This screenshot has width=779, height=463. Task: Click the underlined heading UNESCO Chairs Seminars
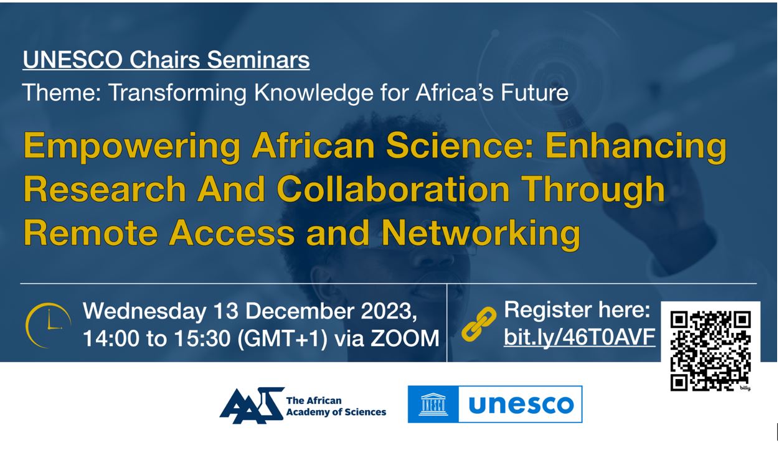pyautogui.click(x=166, y=60)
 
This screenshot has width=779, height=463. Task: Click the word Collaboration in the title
pyautogui.click(x=393, y=189)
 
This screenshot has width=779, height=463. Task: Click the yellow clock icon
pyautogui.click(x=49, y=325)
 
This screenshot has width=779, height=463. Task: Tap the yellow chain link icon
pyautogui.click(x=479, y=324)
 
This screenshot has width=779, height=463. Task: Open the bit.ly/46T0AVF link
pyautogui.click(x=579, y=337)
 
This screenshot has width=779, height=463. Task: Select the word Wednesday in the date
pyautogui.click(x=144, y=311)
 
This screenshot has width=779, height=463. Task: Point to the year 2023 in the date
pyautogui.click(x=389, y=311)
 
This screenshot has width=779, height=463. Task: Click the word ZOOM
pyautogui.click(x=405, y=338)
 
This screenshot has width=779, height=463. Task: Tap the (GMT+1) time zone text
pyautogui.click(x=282, y=339)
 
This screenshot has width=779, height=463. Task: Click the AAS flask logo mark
pyautogui.click(x=252, y=405)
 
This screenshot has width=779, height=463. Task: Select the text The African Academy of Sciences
pyautogui.click(x=336, y=406)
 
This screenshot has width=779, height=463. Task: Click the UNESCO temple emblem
pyautogui.click(x=433, y=405)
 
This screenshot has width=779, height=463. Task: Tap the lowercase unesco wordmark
pyautogui.click(x=521, y=405)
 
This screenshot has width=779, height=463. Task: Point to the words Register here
pyautogui.click(x=577, y=309)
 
